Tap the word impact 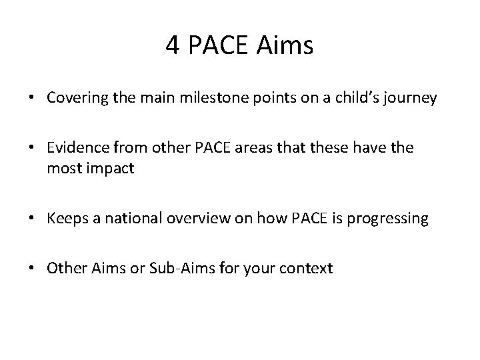pyautogui.click(x=111, y=169)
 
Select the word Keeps pyautogui.click(x=65, y=219)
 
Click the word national pyautogui.click(x=125, y=219)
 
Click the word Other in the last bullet pyautogui.click(x=65, y=269)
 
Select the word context pyautogui.click(x=307, y=269)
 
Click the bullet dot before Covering pyautogui.click(x=32, y=99)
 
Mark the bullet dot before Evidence pyautogui.click(x=32, y=148)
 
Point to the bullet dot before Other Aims pyautogui.click(x=32, y=269)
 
